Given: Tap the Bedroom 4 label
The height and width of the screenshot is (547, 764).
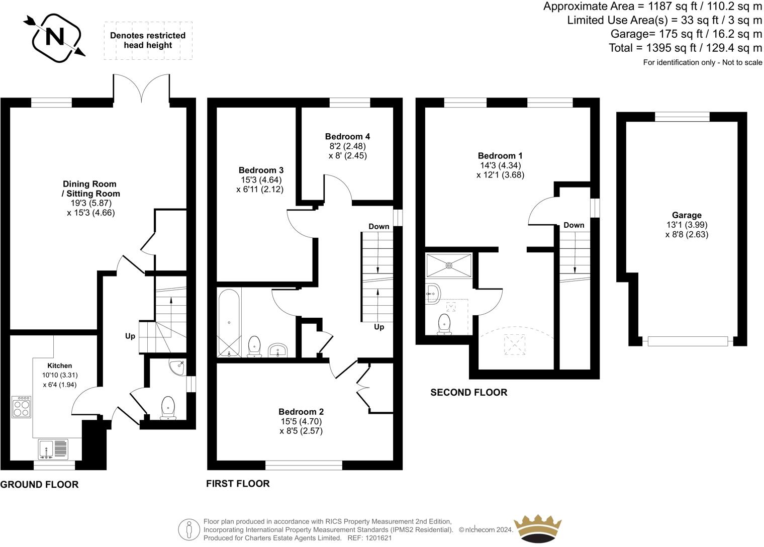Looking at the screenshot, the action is (x=347, y=136).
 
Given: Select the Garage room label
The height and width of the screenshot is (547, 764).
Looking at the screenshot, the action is (x=687, y=215).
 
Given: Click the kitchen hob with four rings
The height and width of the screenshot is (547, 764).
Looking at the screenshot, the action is (x=22, y=407).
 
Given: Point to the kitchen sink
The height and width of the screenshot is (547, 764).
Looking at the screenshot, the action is (x=53, y=449).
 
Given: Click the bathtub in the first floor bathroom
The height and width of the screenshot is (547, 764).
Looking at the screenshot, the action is (x=229, y=322).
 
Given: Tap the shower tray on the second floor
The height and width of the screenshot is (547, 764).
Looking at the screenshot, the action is (x=449, y=265).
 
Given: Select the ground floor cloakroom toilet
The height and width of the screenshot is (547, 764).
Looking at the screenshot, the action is (x=167, y=407).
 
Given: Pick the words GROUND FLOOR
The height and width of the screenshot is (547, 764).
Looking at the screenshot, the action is (x=39, y=485).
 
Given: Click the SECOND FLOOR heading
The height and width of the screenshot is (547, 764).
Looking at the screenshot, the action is (x=468, y=392).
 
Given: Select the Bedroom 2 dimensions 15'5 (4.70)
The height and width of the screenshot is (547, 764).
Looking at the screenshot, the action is (x=301, y=421).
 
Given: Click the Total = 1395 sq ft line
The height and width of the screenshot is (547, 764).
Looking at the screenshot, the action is (x=685, y=48).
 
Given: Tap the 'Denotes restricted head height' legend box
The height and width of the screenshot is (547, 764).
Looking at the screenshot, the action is (x=148, y=41).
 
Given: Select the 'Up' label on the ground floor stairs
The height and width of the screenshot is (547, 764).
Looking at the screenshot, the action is (x=130, y=336).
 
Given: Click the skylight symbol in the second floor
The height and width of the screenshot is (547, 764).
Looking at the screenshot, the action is (x=514, y=345).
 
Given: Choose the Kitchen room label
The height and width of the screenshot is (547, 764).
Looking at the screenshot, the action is (x=60, y=366).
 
